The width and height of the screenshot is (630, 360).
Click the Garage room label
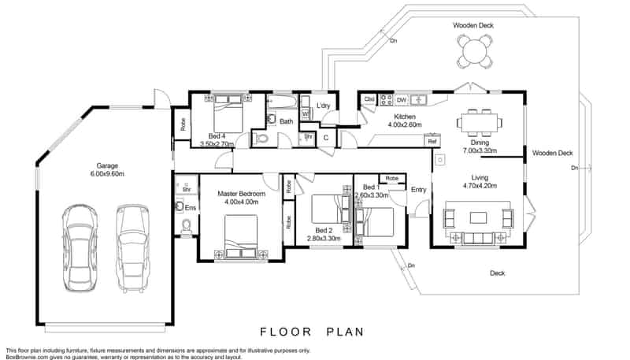[107, 166]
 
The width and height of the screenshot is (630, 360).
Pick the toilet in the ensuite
[187, 227]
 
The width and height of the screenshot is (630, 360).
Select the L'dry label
[323, 106]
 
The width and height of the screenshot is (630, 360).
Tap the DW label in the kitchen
[401, 100]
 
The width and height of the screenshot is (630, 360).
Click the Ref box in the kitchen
[432, 141]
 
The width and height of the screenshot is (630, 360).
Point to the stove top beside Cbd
[387, 99]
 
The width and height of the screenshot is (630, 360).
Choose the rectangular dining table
[479, 122]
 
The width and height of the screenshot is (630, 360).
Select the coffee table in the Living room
[479, 217]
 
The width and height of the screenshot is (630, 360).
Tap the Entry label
[418, 189]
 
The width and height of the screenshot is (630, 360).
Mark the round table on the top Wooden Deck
[474, 52]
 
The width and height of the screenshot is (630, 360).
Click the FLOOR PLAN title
[313, 332]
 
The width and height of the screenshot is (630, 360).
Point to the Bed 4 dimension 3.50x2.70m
[217, 144]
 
